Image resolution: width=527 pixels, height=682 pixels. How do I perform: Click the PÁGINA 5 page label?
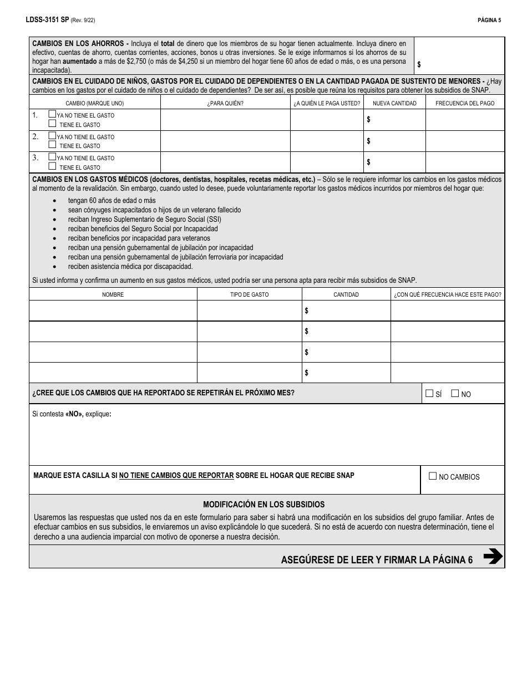click(x=489, y=21)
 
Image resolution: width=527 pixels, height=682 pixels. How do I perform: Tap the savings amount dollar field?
click(x=459, y=64)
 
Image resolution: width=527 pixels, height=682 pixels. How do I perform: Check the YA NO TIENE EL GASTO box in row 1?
click(x=52, y=114)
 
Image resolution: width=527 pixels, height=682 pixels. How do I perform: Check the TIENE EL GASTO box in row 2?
click(x=52, y=145)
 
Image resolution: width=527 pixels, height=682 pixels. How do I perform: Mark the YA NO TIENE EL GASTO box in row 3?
click(x=52, y=157)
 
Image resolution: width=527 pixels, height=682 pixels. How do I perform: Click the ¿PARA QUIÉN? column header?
click(x=225, y=103)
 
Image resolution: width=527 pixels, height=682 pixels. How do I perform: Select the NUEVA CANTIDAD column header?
click(x=394, y=103)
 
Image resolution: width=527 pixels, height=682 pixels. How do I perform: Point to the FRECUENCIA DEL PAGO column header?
click(x=465, y=103)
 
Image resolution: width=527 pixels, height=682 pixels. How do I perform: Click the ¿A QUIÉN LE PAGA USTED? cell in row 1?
click(x=327, y=120)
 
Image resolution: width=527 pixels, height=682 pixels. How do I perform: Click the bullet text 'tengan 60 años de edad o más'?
click(x=112, y=201)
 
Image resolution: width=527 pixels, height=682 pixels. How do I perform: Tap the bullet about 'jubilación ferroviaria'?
click(x=175, y=257)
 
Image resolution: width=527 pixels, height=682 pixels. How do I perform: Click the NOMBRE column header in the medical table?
click(x=113, y=294)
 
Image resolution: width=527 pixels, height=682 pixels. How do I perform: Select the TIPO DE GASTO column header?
click(x=249, y=294)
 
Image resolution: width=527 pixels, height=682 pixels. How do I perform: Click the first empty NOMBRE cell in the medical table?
click(x=113, y=311)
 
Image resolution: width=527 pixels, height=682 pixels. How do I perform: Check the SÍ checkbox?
click(x=429, y=394)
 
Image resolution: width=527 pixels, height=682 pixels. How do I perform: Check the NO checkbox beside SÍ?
click(x=455, y=394)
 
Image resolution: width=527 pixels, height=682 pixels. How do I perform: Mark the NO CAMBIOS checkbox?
click(x=433, y=476)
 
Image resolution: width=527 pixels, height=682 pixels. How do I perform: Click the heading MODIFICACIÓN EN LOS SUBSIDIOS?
click(x=263, y=505)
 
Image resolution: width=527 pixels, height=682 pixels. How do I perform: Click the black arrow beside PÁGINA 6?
click(x=493, y=556)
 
